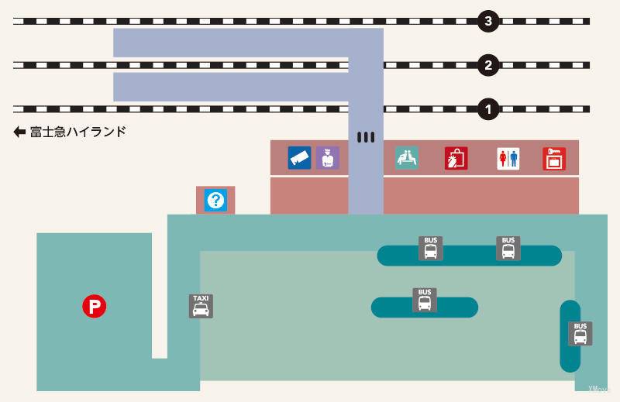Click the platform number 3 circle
487,22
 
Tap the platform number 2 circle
487,65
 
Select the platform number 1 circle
487,109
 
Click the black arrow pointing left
19,132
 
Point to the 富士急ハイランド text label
77,132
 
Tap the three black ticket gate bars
366,137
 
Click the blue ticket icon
299,158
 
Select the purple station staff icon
328,158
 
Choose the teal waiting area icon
407,158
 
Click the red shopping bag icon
456,158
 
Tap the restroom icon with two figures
508,159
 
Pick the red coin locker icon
554,159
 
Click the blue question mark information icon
215,201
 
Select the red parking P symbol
95,307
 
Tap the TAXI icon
201,306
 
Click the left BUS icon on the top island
431,248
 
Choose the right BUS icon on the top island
508,248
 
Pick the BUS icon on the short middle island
425,300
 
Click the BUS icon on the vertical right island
580,334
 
